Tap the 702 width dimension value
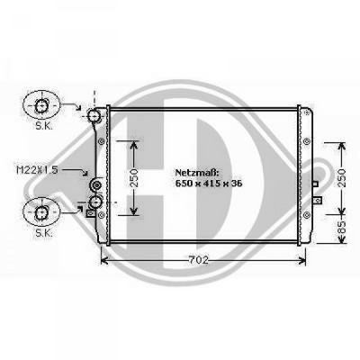pyautogui.click(x=199, y=261)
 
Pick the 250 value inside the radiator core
pyautogui.click(x=134, y=177)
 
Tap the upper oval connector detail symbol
pyautogui.click(x=41, y=107)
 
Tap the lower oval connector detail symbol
pyautogui.click(x=41, y=212)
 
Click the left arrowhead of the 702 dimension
pyautogui.click(x=103, y=261)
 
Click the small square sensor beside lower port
pyautogui.click(x=87, y=213)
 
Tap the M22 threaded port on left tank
pyautogui.click(x=97, y=186)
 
